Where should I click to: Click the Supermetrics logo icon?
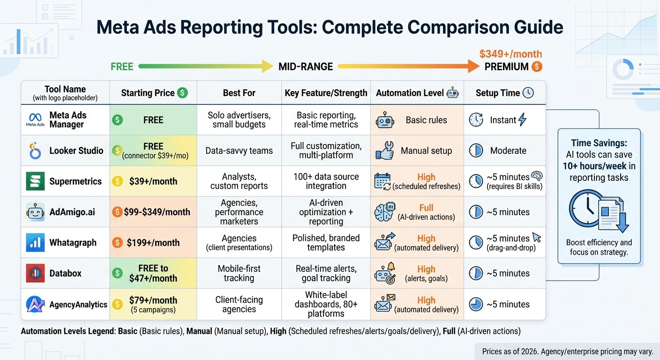point(36,181)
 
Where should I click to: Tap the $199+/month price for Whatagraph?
point(153,243)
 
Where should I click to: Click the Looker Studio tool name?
point(76,151)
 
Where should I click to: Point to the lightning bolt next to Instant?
point(522,120)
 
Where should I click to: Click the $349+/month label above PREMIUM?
point(510,54)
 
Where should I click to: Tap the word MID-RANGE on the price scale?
point(306,67)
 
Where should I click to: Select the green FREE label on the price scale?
point(122,67)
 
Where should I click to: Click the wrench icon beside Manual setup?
point(385,151)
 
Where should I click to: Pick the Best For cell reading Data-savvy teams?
point(239,151)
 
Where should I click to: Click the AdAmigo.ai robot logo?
point(36,212)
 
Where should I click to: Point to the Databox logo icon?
point(36,273)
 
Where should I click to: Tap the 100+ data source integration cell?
point(326,181)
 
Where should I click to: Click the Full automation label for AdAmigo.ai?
point(426,208)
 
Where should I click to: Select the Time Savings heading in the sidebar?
point(599,143)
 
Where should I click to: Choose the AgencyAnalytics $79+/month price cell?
point(153,304)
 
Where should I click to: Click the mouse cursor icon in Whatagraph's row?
point(537,238)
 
